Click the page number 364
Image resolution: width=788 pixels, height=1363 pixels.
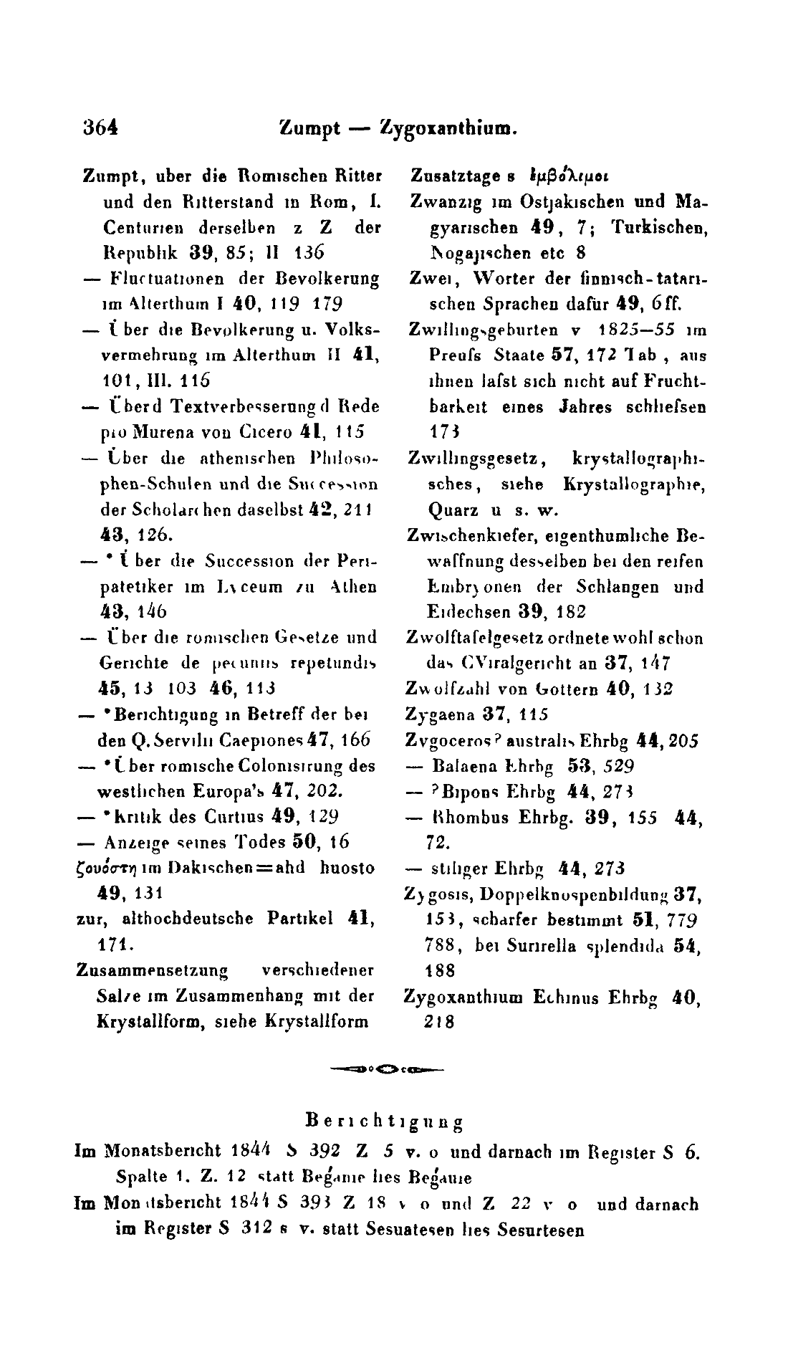click(x=100, y=130)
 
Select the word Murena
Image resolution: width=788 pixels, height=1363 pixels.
click(x=153, y=432)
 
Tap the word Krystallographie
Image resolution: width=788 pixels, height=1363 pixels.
click(x=645, y=484)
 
